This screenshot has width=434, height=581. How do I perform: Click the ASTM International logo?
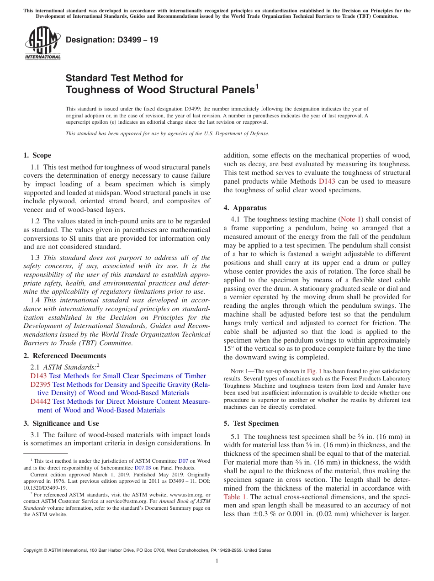pyautogui.click(x=42, y=44)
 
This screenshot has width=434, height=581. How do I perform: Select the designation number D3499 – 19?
pyautogui.click(x=112, y=40)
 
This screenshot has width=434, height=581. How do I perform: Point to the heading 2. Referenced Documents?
pyautogui.click(x=64, y=356)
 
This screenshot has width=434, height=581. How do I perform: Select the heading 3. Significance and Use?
pyautogui.click(x=61, y=423)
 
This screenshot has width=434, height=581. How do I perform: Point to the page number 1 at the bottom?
pyautogui.click(x=217, y=561)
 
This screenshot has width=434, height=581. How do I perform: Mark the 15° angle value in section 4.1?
pyautogui.click(x=228, y=349)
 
